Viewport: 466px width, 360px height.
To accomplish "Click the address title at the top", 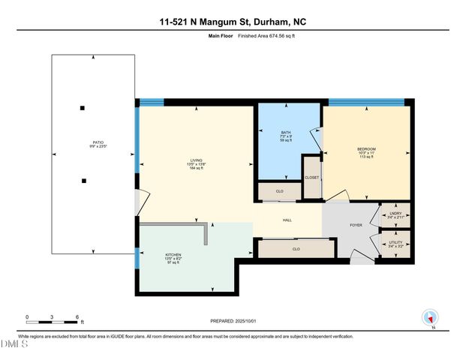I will (233, 22).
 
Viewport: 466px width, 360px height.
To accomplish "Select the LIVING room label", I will (196, 160).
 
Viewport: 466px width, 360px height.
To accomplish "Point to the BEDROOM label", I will (366, 149).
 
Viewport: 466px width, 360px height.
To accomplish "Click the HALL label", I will (287, 220).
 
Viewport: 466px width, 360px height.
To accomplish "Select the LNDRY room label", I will (396, 213).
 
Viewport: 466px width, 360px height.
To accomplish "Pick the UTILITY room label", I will (396, 243).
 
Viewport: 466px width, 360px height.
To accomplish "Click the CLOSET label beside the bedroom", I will (311, 178).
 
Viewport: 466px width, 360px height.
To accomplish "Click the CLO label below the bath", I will (279, 192).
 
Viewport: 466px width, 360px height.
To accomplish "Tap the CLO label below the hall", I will (296, 248).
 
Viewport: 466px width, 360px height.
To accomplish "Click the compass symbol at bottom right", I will (430, 318).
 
